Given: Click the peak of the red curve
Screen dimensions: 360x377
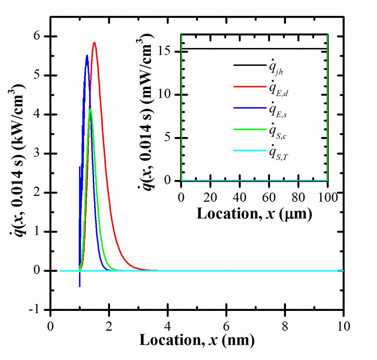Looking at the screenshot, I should [x=94, y=43].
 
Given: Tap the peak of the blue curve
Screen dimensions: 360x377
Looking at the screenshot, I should [x=87, y=56].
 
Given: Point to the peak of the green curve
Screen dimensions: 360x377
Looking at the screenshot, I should [x=90, y=109].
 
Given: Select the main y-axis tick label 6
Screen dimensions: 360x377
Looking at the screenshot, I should [x=40, y=37].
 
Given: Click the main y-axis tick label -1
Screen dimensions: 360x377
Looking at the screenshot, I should [x=37, y=310].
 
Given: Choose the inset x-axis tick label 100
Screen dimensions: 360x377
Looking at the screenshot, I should [x=327, y=198].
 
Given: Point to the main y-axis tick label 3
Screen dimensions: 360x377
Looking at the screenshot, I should [x=40, y=154].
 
